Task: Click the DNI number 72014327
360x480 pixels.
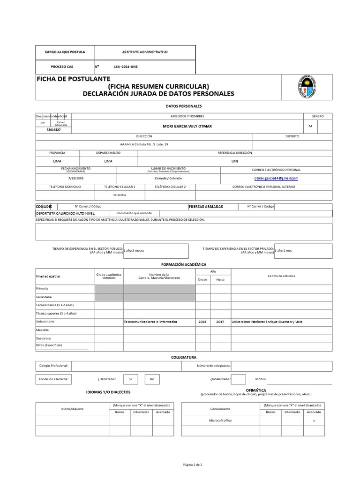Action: (x=53, y=130)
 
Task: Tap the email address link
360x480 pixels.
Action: (x=276, y=178)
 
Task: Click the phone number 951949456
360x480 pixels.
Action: (x=120, y=195)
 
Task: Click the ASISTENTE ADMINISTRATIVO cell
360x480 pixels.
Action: (x=145, y=52)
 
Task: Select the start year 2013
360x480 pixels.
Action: (x=202, y=322)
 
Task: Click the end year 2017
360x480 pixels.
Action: (x=220, y=322)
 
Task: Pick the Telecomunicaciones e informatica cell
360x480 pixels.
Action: (x=150, y=322)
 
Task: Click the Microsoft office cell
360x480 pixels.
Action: (x=220, y=420)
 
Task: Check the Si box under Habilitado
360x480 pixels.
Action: (x=131, y=379)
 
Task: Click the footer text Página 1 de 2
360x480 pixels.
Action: (x=192, y=465)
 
